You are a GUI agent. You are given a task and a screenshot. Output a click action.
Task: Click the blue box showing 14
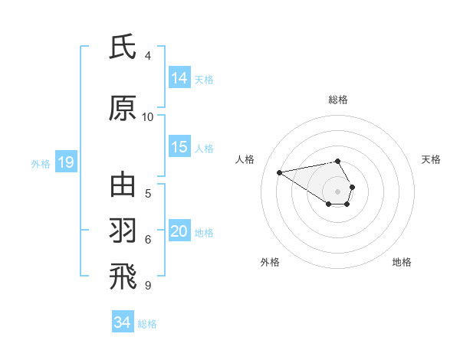click(179, 78)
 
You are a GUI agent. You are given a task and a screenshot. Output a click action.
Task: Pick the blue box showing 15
click(179, 148)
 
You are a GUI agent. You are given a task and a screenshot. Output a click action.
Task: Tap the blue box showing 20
click(179, 232)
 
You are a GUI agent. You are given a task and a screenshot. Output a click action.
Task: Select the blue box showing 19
click(65, 162)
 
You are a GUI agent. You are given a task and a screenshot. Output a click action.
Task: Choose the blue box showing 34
click(123, 322)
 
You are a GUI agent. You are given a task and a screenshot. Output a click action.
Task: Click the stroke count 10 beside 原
click(148, 116)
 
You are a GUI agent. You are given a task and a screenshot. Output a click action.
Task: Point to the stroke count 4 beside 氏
click(148, 55)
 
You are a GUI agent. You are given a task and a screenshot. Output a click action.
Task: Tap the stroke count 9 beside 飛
click(148, 284)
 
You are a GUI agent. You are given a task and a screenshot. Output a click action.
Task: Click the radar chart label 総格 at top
click(338, 100)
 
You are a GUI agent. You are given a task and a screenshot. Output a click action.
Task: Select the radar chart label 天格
click(431, 159)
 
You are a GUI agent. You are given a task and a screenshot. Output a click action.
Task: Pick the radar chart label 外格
click(270, 262)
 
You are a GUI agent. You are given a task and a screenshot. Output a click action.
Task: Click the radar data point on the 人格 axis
click(279, 172)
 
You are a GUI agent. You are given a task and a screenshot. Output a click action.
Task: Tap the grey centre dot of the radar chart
click(338, 191)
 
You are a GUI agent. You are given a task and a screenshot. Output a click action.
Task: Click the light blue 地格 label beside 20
click(204, 233)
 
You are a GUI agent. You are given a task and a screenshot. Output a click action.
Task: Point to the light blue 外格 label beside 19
click(41, 163)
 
